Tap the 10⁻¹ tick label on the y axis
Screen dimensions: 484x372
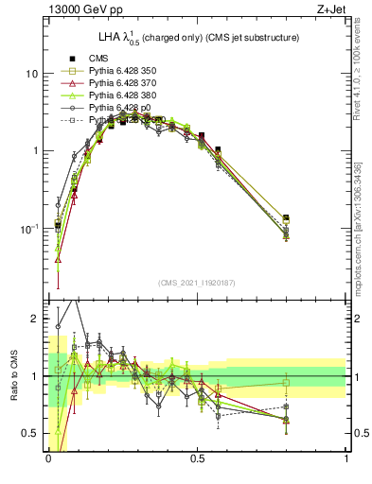(x=29, y=228)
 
